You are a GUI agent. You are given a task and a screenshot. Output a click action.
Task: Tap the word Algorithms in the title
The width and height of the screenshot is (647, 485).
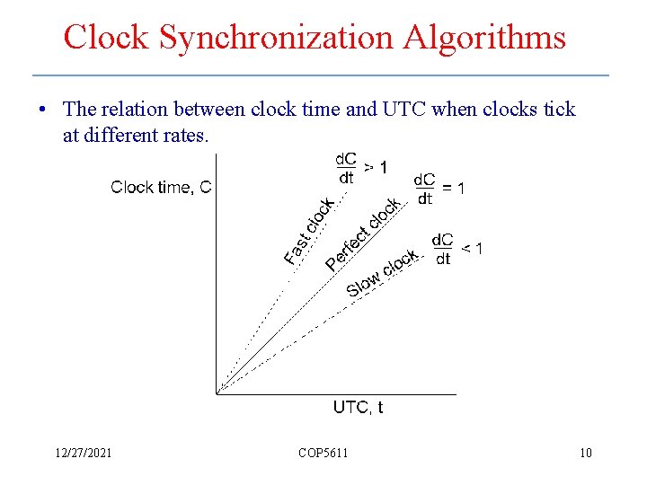tap(484, 38)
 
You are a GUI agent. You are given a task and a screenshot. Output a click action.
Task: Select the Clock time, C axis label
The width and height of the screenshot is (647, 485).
tap(161, 187)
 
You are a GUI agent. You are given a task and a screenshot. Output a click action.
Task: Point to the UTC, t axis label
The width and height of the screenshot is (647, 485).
tap(358, 407)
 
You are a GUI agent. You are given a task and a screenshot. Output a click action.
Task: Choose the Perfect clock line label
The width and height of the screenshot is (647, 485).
tap(362, 234)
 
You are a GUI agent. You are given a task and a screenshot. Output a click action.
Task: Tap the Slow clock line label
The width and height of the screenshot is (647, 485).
tap(382, 274)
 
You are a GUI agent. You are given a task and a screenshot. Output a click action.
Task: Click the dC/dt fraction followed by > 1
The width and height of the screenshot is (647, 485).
tap(346, 168)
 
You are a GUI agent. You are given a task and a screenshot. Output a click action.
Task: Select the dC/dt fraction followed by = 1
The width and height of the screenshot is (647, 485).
tap(424, 189)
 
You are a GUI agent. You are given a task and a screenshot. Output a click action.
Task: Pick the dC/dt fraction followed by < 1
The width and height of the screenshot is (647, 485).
tap(442, 249)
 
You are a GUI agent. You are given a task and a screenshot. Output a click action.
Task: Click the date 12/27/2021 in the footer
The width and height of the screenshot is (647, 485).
tap(82, 453)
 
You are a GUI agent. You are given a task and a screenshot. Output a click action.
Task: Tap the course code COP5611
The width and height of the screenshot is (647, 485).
tap(323, 453)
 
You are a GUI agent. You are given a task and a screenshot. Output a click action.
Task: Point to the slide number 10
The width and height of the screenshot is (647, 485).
tap(585, 453)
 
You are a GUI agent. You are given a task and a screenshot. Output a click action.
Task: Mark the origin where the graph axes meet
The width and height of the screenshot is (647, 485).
tap(217, 392)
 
